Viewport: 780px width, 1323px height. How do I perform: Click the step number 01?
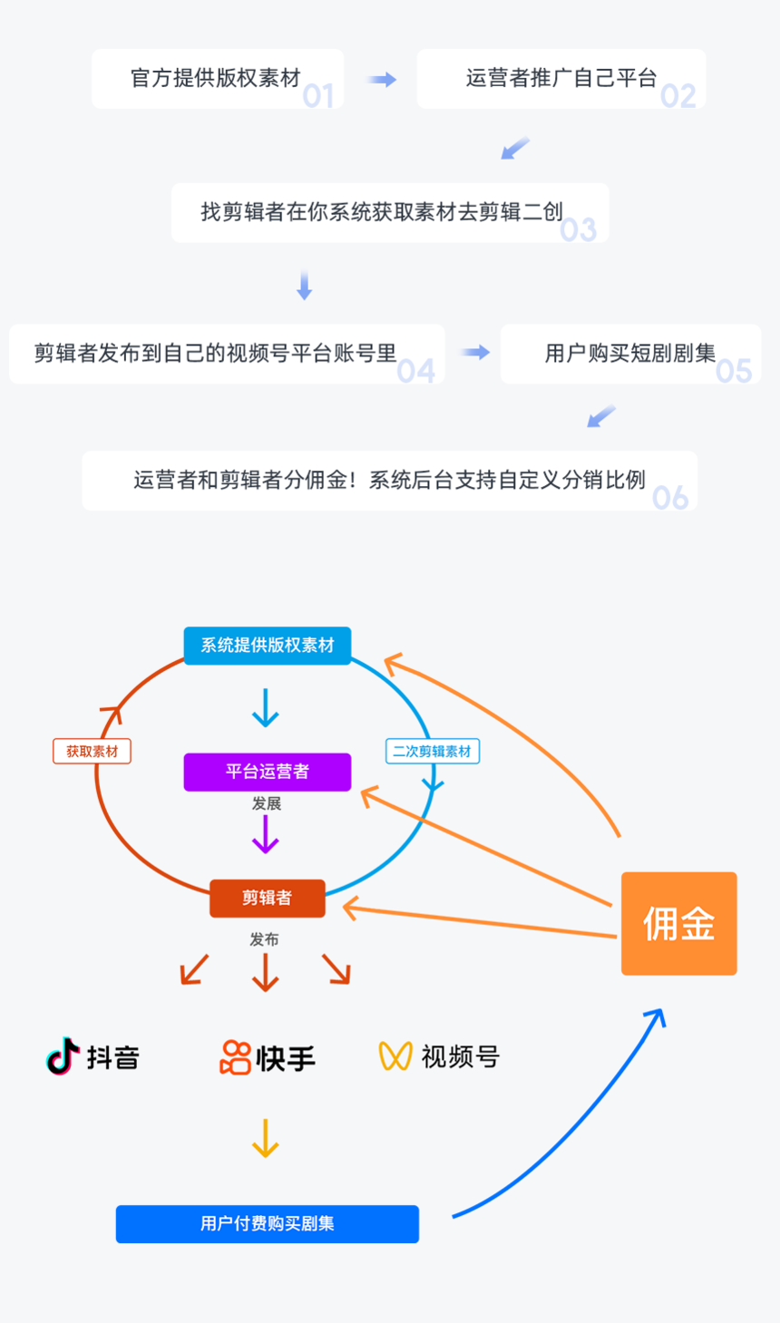tap(318, 95)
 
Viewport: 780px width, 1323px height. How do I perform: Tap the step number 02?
tap(678, 95)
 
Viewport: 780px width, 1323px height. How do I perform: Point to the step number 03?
tap(578, 229)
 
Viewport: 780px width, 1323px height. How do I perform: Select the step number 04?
tap(416, 370)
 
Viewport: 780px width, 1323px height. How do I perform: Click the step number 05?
tap(734, 370)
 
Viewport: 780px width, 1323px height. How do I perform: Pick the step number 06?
tap(670, 497)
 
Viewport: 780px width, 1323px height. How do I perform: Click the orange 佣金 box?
tap(678, 923)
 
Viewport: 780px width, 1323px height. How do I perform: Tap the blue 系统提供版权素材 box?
tap(267, 646)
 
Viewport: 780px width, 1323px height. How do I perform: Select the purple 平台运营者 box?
tap(267, 772)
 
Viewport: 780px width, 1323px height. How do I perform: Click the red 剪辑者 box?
tap(267, 898)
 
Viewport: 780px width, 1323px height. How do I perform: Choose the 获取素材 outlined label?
tap(92, 751)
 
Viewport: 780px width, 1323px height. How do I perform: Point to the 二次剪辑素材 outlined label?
tap(432, 751)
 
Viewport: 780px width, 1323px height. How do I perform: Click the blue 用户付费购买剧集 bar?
tap(267, 1223)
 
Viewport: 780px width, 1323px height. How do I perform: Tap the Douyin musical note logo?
tap(63, 1056)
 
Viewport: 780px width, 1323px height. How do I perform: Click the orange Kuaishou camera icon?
tap(235, 1057)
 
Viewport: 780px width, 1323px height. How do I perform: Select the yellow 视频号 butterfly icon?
tap(395, 1055)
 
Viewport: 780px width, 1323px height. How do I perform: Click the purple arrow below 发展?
tap(266, 834)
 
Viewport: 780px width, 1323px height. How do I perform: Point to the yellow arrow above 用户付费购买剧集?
tap(266, 1139)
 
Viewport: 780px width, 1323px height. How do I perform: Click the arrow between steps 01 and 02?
tap(382, 80)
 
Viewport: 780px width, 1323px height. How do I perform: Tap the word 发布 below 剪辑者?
tap(265, 939)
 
